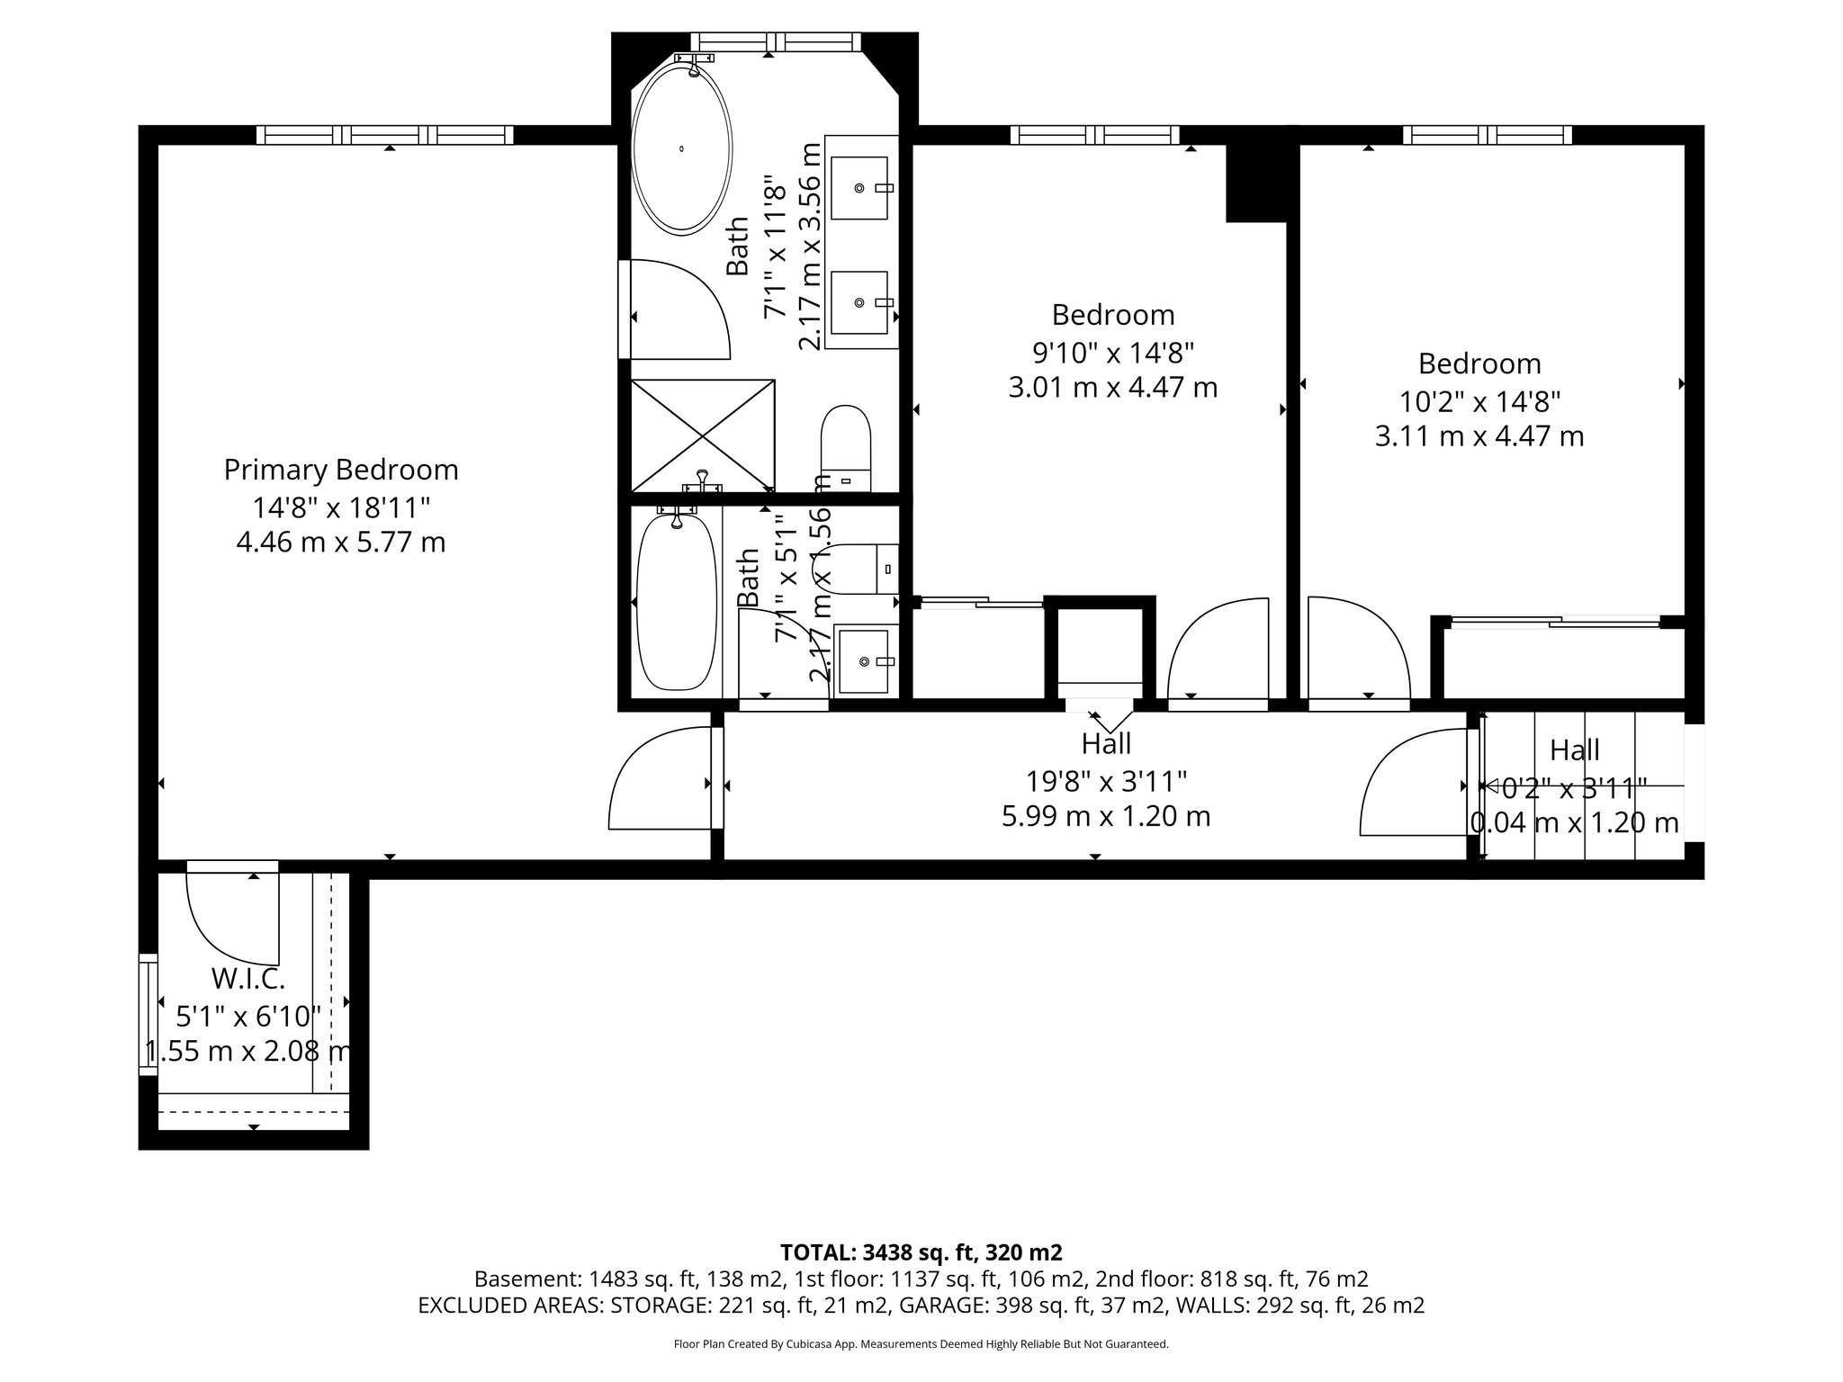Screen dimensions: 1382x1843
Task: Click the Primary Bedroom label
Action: click(x=340, y=470)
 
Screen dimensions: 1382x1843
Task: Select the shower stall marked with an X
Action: click(x=702, y=435)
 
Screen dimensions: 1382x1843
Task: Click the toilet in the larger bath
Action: click(x=846, y=447)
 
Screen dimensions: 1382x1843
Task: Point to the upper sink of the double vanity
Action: click(x=859, y=188)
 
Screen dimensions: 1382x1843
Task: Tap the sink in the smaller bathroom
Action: click(x=865, y=662)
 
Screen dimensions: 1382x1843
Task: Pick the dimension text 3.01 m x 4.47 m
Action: click(x=1113, y=388)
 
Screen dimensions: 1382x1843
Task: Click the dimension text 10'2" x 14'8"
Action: click(x=1479, y=399)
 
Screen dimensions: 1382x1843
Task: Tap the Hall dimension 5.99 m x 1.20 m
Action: click(x=1106, y=816)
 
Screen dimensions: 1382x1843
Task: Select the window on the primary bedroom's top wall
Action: click(x=385, y=135)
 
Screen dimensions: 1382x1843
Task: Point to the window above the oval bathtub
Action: click(x=776, y=41)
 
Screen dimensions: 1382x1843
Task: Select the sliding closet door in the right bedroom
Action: click(x=1555, y=621)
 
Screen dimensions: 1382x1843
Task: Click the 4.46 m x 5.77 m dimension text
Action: click(x=340, y=543)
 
